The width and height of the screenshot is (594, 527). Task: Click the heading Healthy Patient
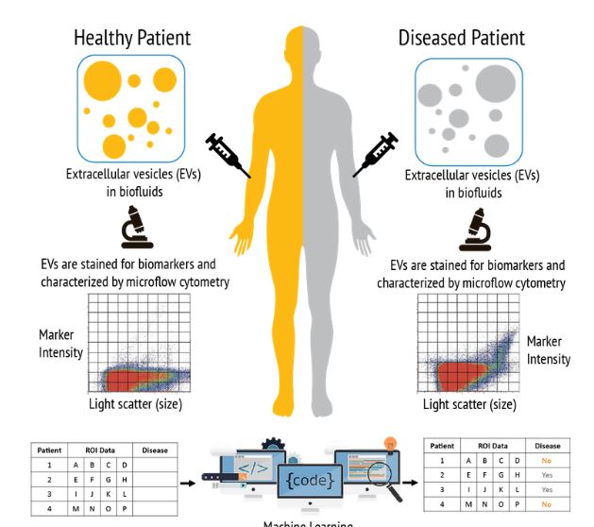tap(132, 38)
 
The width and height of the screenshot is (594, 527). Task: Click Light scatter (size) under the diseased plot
tap(469, 403)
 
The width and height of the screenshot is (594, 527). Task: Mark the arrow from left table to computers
tap(187, 483)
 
